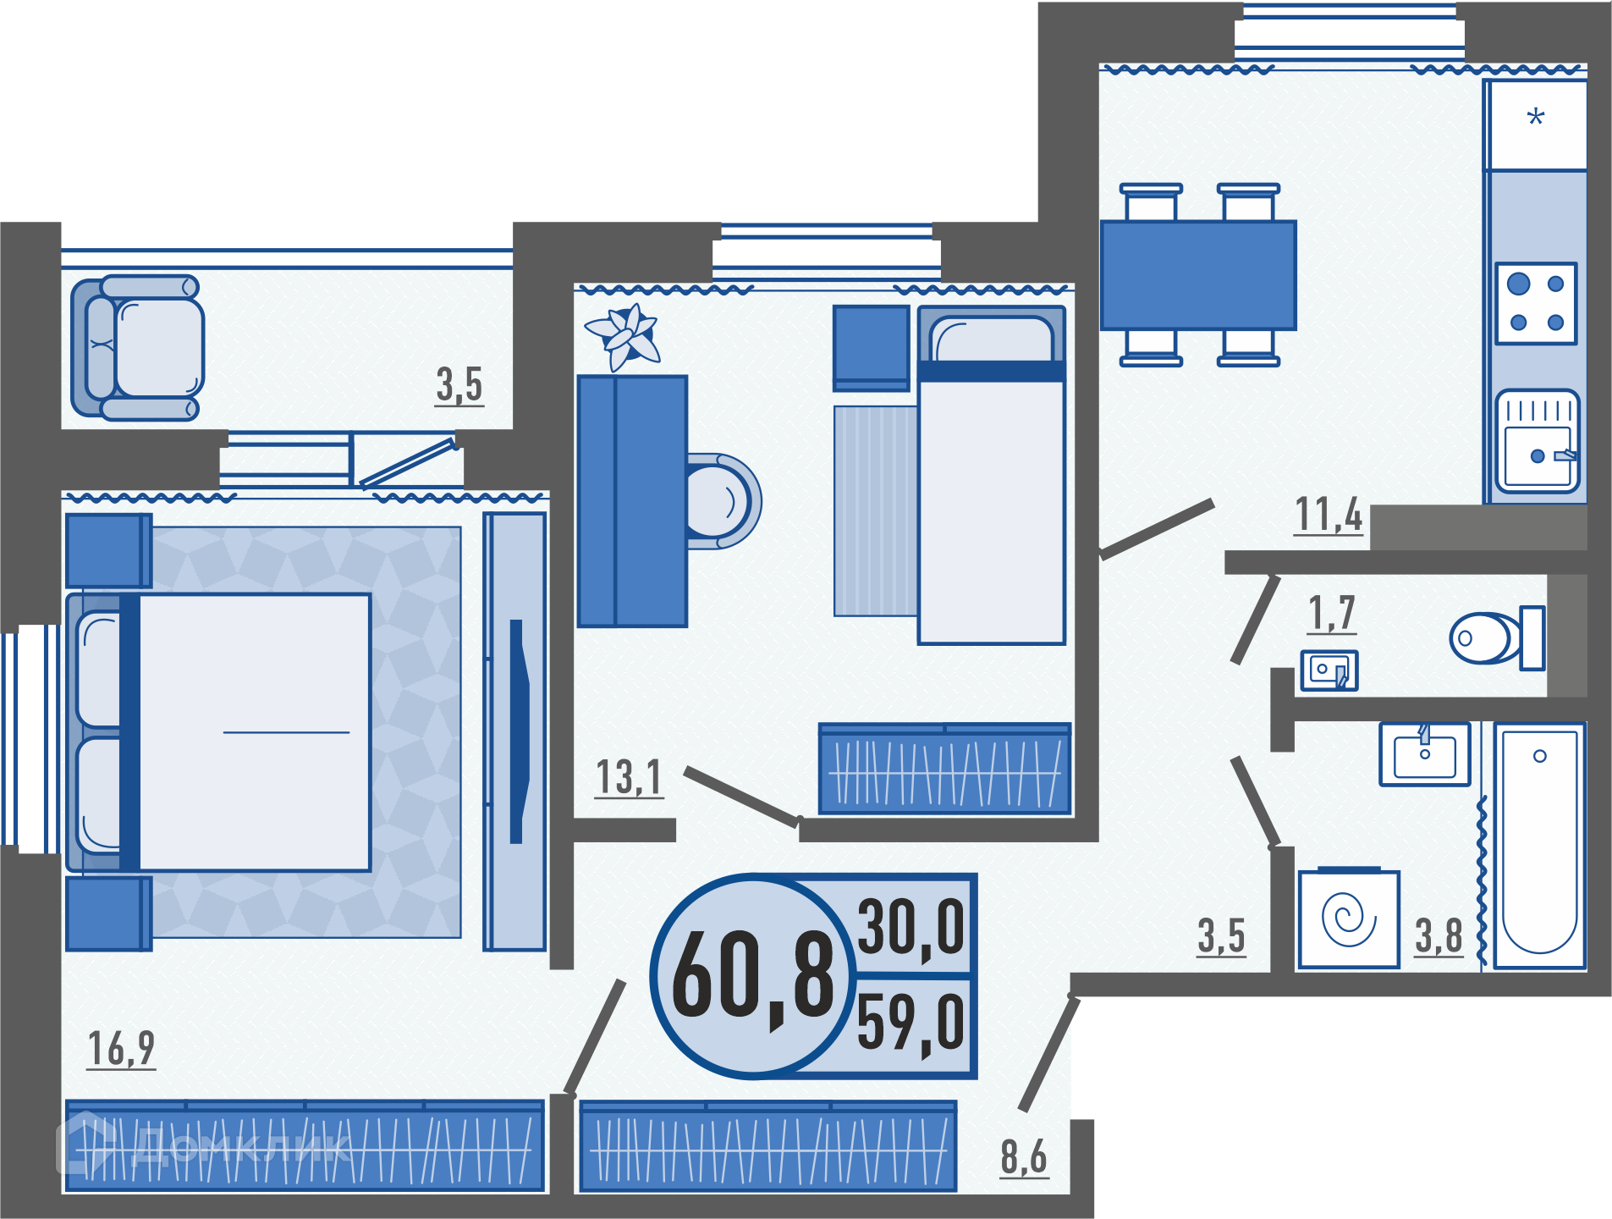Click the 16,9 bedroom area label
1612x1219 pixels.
[122, 1049]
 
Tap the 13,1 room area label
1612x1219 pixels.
[629, 777]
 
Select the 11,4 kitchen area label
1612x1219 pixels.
[1329, 515]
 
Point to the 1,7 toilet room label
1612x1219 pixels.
[1332, 614]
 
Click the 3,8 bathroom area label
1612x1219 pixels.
[1439, 936]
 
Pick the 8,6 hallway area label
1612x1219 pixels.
[1024, 1157]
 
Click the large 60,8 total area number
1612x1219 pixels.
[752, 975]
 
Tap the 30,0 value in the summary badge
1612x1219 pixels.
[911, 927]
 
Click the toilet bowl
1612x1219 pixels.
[1497, 637]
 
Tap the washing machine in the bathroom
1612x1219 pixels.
[1349, 918]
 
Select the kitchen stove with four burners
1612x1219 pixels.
[1536, 304]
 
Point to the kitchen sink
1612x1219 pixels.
[1537, 441]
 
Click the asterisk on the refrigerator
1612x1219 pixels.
[1536, 117]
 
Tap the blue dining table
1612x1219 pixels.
[1198, 275]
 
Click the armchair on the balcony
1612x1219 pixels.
[138, 348]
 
